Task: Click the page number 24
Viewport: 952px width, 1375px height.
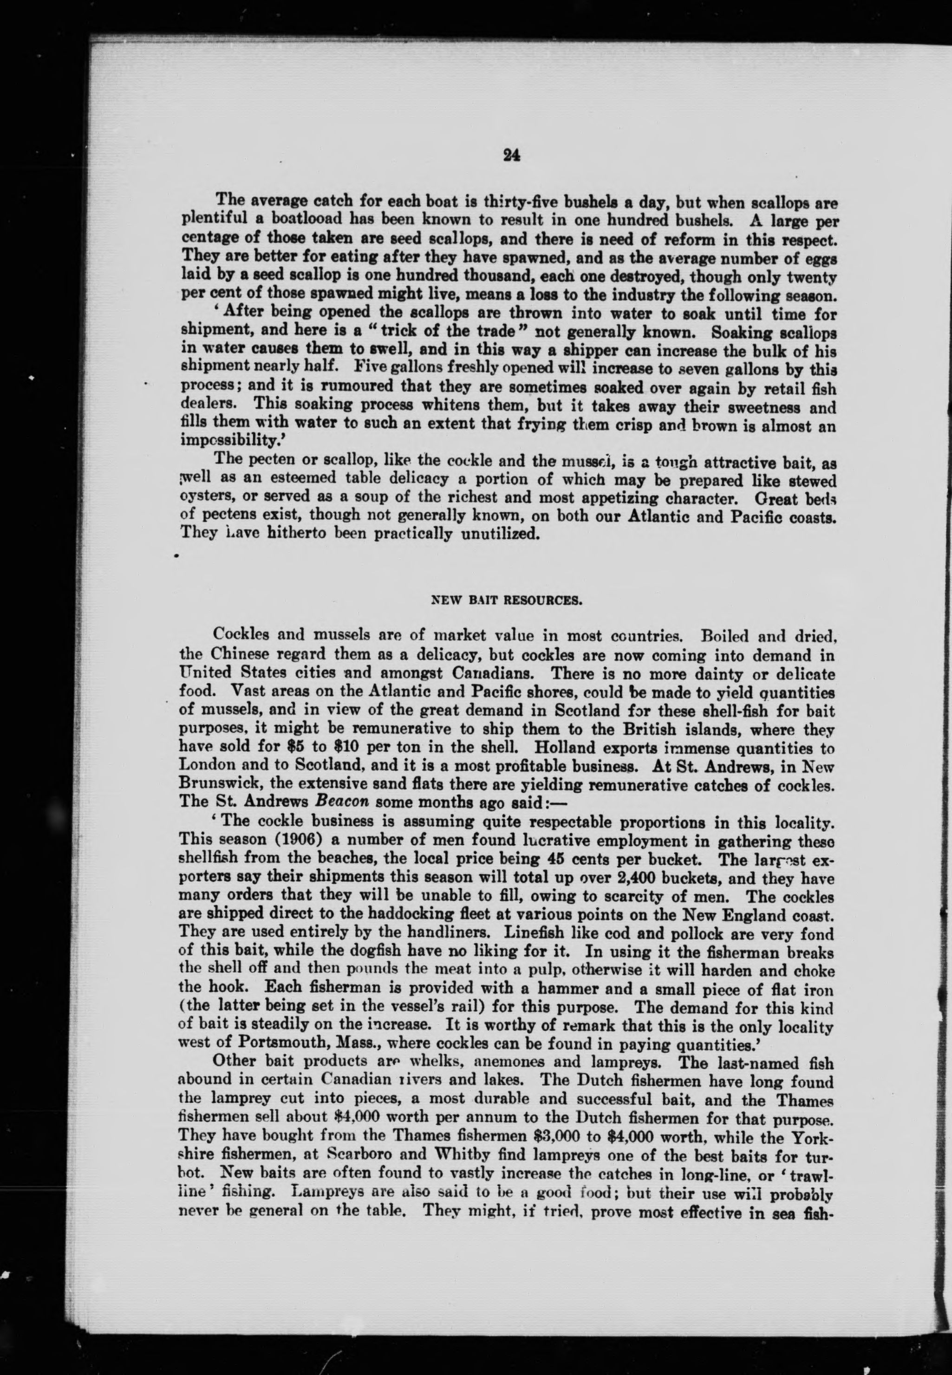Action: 512,155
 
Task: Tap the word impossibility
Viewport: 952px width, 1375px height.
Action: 221,442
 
